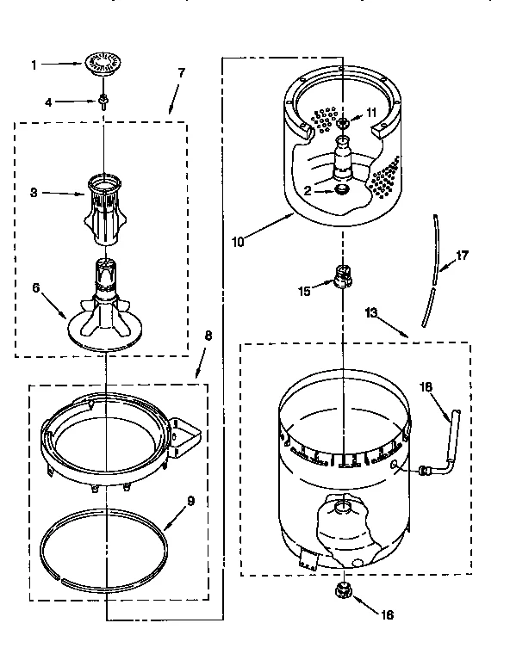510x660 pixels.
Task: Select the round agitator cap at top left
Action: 102,60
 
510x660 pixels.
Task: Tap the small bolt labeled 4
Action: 103,102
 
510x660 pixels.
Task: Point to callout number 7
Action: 182,73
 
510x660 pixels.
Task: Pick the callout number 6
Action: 35,288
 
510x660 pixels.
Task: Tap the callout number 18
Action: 425,387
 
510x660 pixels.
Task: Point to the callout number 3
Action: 34,193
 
